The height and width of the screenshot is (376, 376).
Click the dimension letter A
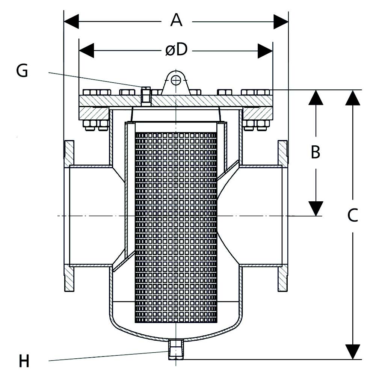[176, 20]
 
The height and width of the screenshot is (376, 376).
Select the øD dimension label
[176, 50]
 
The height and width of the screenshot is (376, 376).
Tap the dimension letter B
[315, 152]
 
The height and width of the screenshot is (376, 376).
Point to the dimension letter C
[352, 215]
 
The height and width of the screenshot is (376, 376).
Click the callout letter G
[22, 71]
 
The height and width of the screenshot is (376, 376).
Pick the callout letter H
[24, 361]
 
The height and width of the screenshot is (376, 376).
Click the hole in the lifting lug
[176, 80]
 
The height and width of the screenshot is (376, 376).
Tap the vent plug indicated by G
[146, 97]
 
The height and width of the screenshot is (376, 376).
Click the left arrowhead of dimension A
[71, 21]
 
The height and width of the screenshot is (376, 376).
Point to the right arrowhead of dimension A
[281, 21]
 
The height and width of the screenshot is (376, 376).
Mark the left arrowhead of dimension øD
[86, 51]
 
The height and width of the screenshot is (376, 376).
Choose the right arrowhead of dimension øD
[265, 51]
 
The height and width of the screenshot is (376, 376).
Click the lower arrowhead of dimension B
[316, 208]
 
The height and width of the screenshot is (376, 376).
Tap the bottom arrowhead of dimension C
[353, 352]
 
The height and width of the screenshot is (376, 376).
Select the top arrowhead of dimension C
[353, 98]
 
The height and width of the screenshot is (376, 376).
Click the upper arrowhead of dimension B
[316, 98]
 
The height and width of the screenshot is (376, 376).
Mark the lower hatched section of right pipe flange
[282, 278]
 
